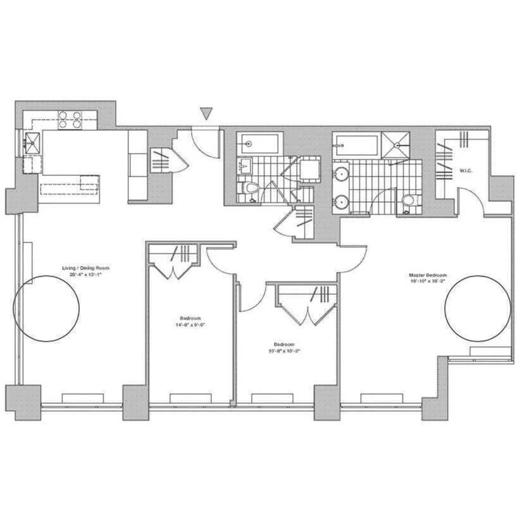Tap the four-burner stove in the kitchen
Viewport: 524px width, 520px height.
pyautogui.click(x=70, y=120)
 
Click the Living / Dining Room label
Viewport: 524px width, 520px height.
pyautogui.click(x=89, y=271)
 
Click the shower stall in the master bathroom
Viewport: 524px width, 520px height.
pyautogui.click(x=396, y=145)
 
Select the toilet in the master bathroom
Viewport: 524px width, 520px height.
pyautogui.click(x=408, y=202)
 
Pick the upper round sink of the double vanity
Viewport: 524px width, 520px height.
pyautogui.click(x=341, y=172)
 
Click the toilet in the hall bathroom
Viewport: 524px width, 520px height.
pyautogui.click(x=251, y=189)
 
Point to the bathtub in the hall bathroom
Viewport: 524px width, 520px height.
pyautogui.click(x=259, y=143)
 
